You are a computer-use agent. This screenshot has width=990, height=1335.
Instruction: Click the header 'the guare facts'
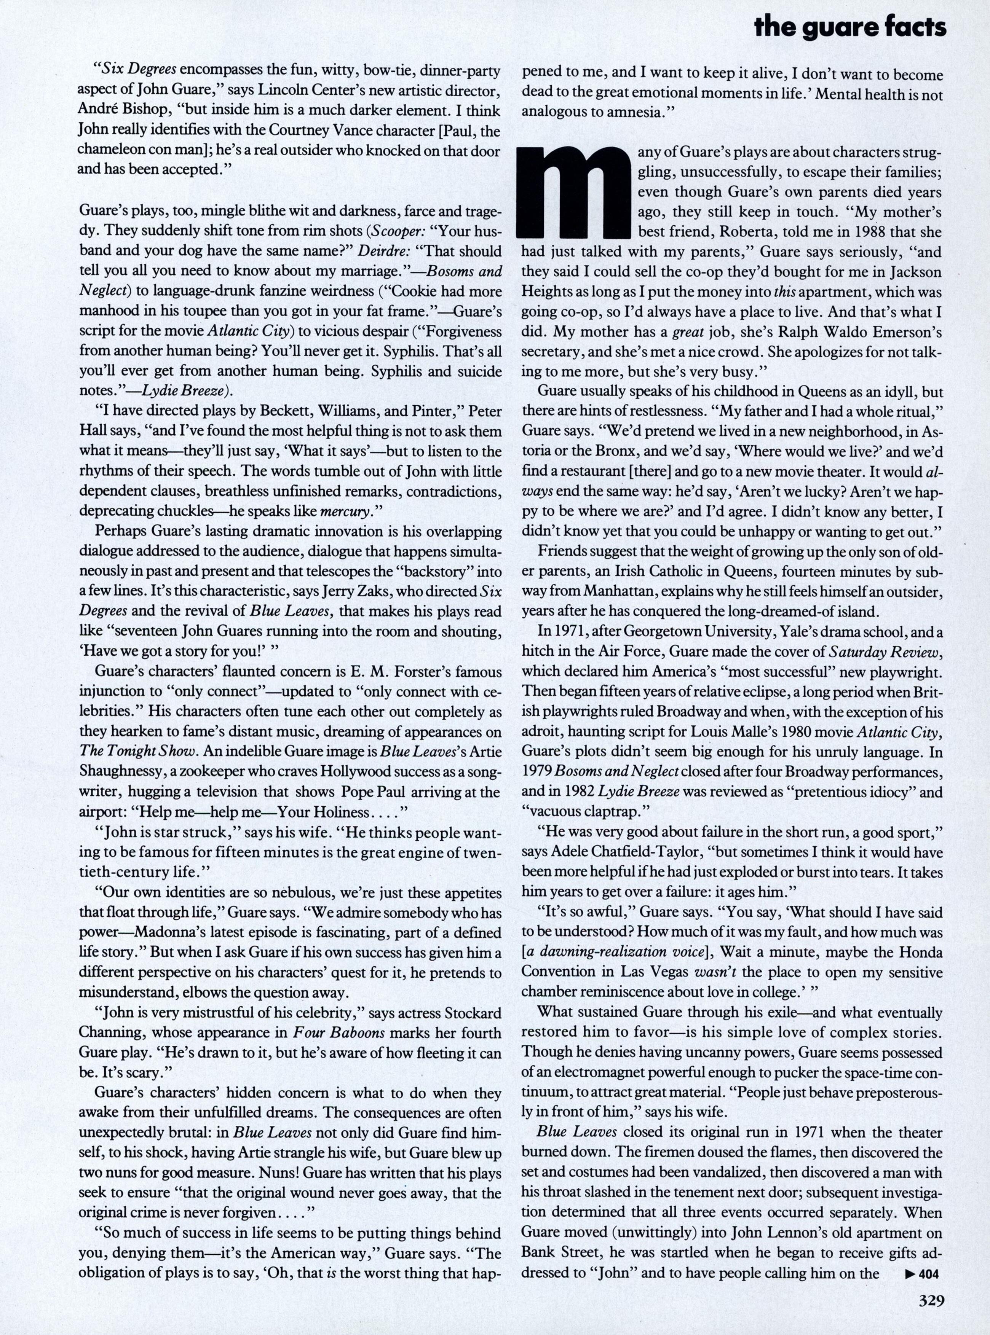(x=850, y=27)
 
